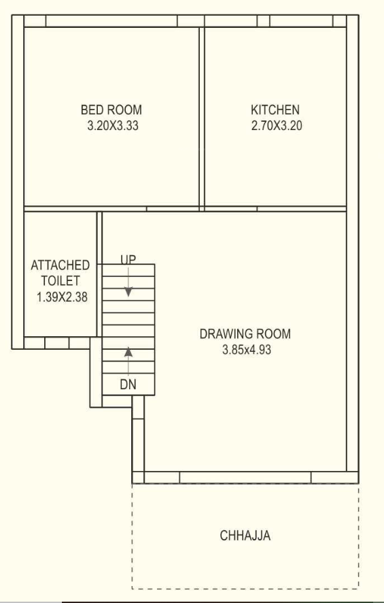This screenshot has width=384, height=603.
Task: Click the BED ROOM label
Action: pos(111,110)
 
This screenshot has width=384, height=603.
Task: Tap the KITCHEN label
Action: pos(275,110)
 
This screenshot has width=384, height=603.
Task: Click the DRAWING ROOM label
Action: pos(245,334)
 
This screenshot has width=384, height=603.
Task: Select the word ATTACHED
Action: pos(60,265)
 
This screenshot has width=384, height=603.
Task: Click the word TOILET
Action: pos(60,280)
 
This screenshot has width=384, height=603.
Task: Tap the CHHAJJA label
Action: pos(245,536)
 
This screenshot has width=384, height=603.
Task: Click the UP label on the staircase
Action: pos(128,260)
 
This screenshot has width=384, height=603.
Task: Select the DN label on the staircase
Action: pos(128,385)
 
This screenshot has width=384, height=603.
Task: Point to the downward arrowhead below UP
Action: pos(128,292)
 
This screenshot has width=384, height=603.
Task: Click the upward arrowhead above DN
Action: pos(128,352)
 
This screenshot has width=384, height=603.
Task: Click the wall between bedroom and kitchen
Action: pos(202,116)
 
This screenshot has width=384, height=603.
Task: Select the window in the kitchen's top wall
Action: pos(264,21)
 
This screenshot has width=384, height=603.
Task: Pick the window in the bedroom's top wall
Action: pos(112,21)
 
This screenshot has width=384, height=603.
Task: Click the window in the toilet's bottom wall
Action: pos(54,342)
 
